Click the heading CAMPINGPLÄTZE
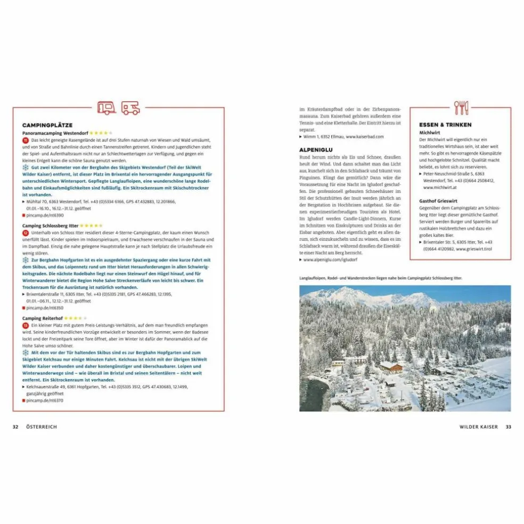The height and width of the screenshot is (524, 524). [47, 125]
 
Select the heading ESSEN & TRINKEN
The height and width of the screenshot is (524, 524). [445, 125]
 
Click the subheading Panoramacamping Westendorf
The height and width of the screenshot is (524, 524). [55, 133]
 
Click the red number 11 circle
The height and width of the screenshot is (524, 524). [26, 140]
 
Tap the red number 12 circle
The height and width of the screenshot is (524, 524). [26, 233]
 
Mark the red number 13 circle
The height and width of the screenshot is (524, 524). [26, 325]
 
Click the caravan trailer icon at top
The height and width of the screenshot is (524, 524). [107, 108]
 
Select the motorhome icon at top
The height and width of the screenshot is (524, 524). [131, 108]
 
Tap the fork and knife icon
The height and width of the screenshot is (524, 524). [461, 108]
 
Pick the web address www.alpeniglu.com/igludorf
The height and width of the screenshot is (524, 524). [331, 260]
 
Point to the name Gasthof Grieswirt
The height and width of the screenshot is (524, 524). [439, 201]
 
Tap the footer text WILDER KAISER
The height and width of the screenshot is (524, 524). [478, 427]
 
